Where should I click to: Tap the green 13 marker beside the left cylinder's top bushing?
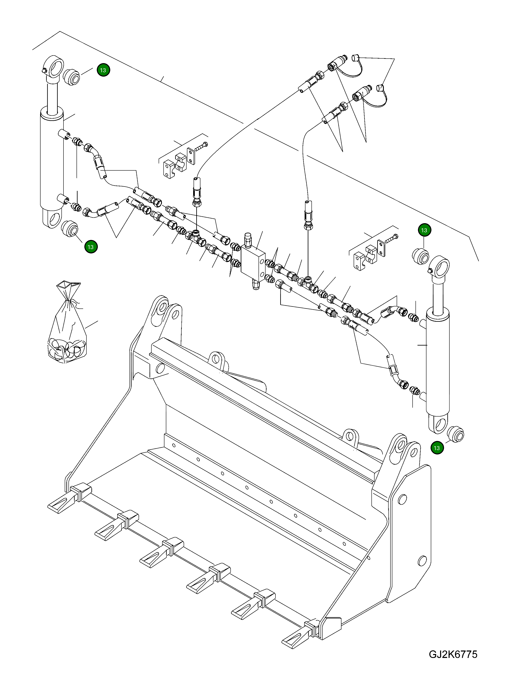click(103, 70)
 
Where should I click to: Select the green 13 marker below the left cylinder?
click(90, 247)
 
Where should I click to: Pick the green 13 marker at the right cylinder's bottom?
click(437, 448)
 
